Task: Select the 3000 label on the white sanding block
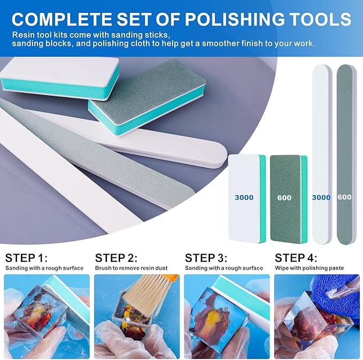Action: (x=244, y=197)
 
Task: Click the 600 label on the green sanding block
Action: (x=284, y=197)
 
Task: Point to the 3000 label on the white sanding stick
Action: (x=321, y=197)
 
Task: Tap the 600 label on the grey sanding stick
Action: (x=344, y=197)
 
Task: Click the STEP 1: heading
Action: (x=26, y=258)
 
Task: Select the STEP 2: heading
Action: (x=116, y=258)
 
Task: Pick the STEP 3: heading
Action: (x=206, y=258)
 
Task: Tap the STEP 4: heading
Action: (x=296, y=258)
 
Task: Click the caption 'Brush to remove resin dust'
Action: (x=132, y=268)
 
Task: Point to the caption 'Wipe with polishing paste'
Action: (x=310, y=268)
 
